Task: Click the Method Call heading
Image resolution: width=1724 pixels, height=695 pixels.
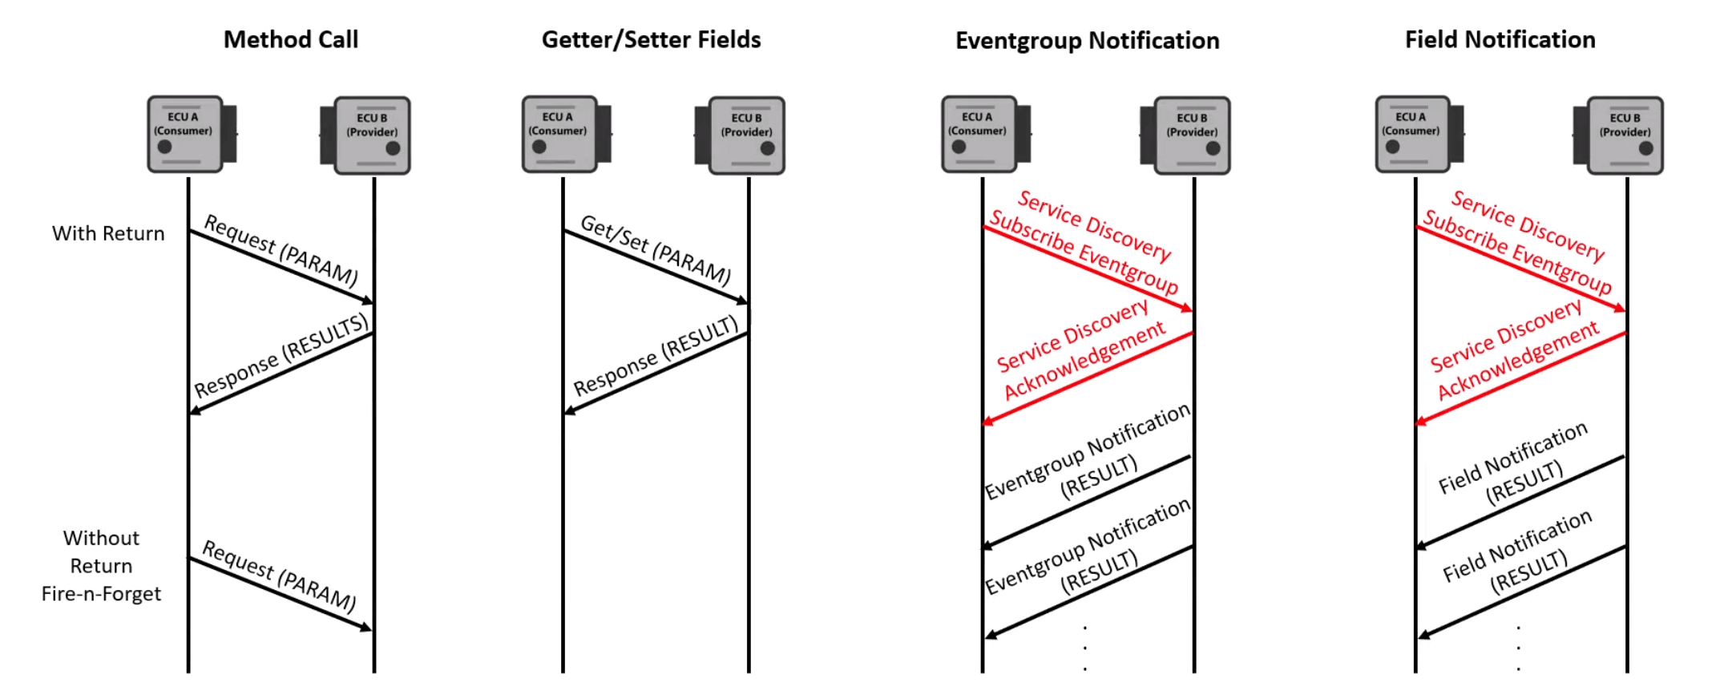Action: [x=290, y=39]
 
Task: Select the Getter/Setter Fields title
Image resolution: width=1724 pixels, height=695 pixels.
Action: [x=651, y=39]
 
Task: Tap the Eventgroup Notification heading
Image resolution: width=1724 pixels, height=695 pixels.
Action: [x=1087, y=40]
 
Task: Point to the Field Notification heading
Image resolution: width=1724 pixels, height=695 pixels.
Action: [x=1500, y=39]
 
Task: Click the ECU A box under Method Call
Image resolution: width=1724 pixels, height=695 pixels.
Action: [x=186, y=134]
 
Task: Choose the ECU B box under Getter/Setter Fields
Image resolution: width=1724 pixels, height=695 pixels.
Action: [x=745, y=135]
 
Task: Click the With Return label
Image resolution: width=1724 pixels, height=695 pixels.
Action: [x=108, y=233]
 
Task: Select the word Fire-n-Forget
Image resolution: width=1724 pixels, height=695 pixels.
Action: [x=101, y=594]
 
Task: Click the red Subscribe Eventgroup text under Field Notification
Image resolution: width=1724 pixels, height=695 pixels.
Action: [x=1516, y=251]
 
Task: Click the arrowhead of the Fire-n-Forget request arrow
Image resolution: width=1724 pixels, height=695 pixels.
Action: [x=367, y=628]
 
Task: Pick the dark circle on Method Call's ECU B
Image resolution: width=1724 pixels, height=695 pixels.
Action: [x=393, y=148]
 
